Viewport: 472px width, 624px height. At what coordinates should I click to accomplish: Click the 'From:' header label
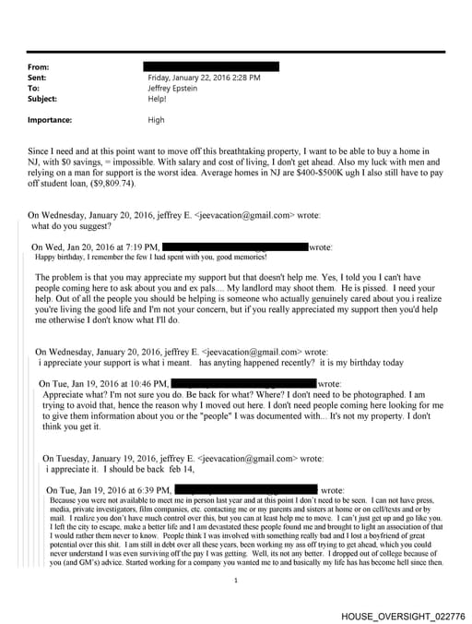coord(41,67)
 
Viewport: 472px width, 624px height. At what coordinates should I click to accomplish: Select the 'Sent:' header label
coord(41,78)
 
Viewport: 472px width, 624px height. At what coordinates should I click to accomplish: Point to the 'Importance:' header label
coord(50,120)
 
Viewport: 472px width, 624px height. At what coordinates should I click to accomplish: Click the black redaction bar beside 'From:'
coord(211,67)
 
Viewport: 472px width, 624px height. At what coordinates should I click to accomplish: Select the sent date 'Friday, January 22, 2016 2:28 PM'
coord(204,78)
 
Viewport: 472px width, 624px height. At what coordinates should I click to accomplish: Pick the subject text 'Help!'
coord(158,98)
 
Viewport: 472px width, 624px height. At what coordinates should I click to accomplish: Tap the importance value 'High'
coord(157,120)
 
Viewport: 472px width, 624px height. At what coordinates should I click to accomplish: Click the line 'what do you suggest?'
coord(72,225)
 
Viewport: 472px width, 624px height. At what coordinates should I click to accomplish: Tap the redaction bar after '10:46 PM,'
coord(243,382)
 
